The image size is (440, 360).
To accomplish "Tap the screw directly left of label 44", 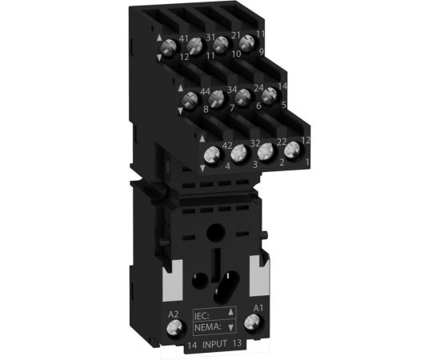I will [x=190, y=101].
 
